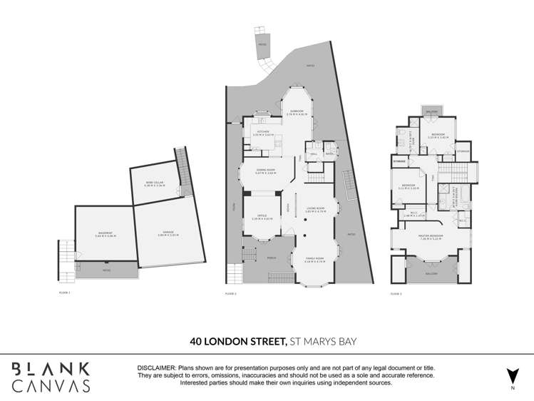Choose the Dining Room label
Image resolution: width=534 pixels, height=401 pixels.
click(265, 171)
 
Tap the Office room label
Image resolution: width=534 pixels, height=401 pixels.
click(262, 218)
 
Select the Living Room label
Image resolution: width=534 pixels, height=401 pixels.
click(315, 210)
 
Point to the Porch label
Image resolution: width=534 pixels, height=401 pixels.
click(272, 258)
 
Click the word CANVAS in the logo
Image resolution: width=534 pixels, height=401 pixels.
click(51, 386)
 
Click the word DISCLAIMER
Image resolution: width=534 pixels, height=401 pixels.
click(160, 367)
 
